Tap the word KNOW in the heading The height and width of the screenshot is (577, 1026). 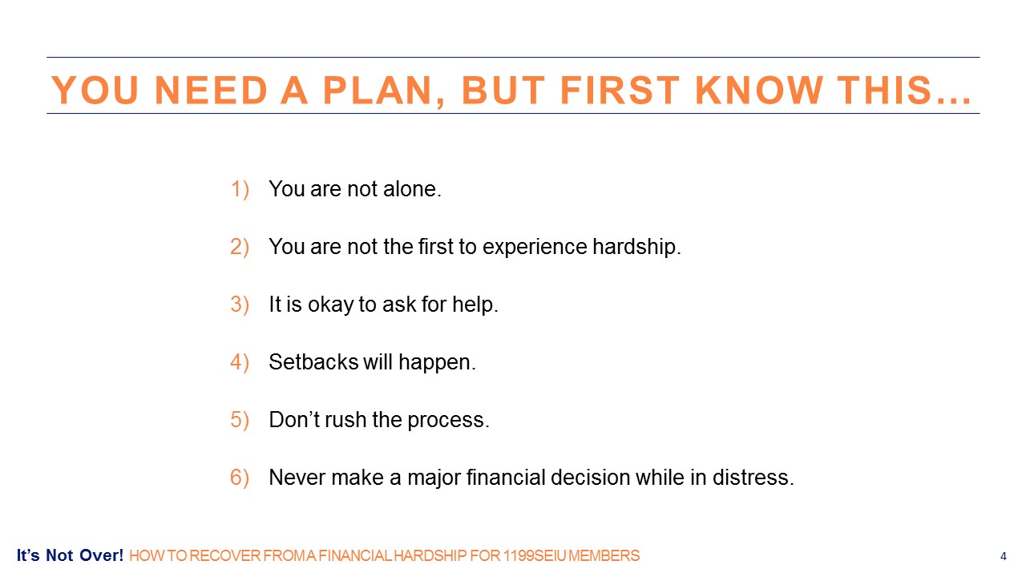click(x=758, y=90)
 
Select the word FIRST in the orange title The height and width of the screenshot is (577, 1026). click(x=620, y=90)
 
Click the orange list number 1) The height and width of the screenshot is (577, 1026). click(x=240, y=189)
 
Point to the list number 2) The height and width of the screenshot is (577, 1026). click(x=240, y=247)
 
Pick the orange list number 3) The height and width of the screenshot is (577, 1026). click(x=240, y=305)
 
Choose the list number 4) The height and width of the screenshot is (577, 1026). click(x=240, y=362)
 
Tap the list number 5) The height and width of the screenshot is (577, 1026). click(x=240, y=420)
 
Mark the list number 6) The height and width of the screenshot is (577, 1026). click(x=240, y=478)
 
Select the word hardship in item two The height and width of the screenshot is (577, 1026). click(x=636, y=247)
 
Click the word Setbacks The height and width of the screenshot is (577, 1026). click(x=313, y=361)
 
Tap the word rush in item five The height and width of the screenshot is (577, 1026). click(x=345, y=419)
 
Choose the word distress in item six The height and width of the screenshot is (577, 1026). click(x=753, y=477)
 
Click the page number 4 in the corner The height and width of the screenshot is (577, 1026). click(x=1003, y=556)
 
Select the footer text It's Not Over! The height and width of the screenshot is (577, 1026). click(x=70, y=555)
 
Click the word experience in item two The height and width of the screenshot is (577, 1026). click(x=535, y=247)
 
